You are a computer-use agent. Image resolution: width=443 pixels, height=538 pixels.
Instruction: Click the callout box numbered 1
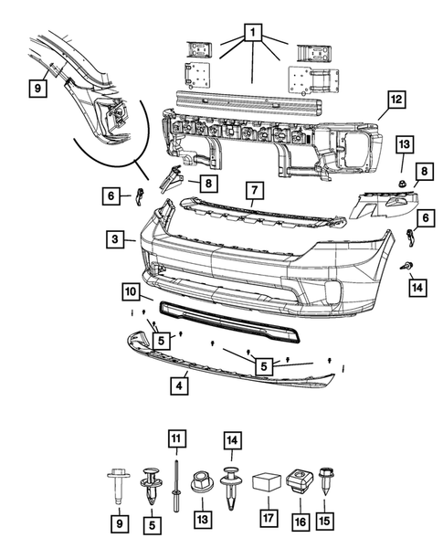(x=252, y=37)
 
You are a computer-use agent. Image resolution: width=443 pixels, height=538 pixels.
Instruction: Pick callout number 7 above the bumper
(x=255, y=192)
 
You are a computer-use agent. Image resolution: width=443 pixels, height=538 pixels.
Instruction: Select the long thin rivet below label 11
(x=174, y=480)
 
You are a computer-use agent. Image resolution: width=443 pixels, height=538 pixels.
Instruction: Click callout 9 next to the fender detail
(x=37, y=89)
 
